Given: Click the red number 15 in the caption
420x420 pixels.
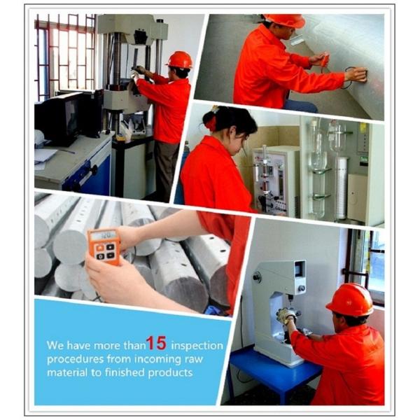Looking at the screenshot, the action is point(156,343).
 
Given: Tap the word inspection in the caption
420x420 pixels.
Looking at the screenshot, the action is point(197,346).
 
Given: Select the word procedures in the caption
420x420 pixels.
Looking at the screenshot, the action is point(75,360).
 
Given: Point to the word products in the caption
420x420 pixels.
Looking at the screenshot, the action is point(170,373).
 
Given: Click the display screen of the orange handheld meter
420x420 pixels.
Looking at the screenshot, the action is point(103,236).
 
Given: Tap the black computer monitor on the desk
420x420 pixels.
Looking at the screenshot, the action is point(57,118).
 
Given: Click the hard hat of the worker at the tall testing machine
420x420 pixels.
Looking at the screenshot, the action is point(180,59).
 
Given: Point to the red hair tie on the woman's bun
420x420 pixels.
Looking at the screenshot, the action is point(211,123).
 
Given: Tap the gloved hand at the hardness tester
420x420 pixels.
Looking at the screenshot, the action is point(286,315).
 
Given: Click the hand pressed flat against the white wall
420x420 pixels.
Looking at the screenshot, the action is point(357,73).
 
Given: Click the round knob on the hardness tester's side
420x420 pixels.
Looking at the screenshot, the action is point(257,276).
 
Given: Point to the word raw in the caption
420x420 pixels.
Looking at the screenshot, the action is point(193,360).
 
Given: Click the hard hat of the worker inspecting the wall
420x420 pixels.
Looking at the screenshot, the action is point(285,20).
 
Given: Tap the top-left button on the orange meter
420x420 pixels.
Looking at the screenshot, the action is point(100,248).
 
